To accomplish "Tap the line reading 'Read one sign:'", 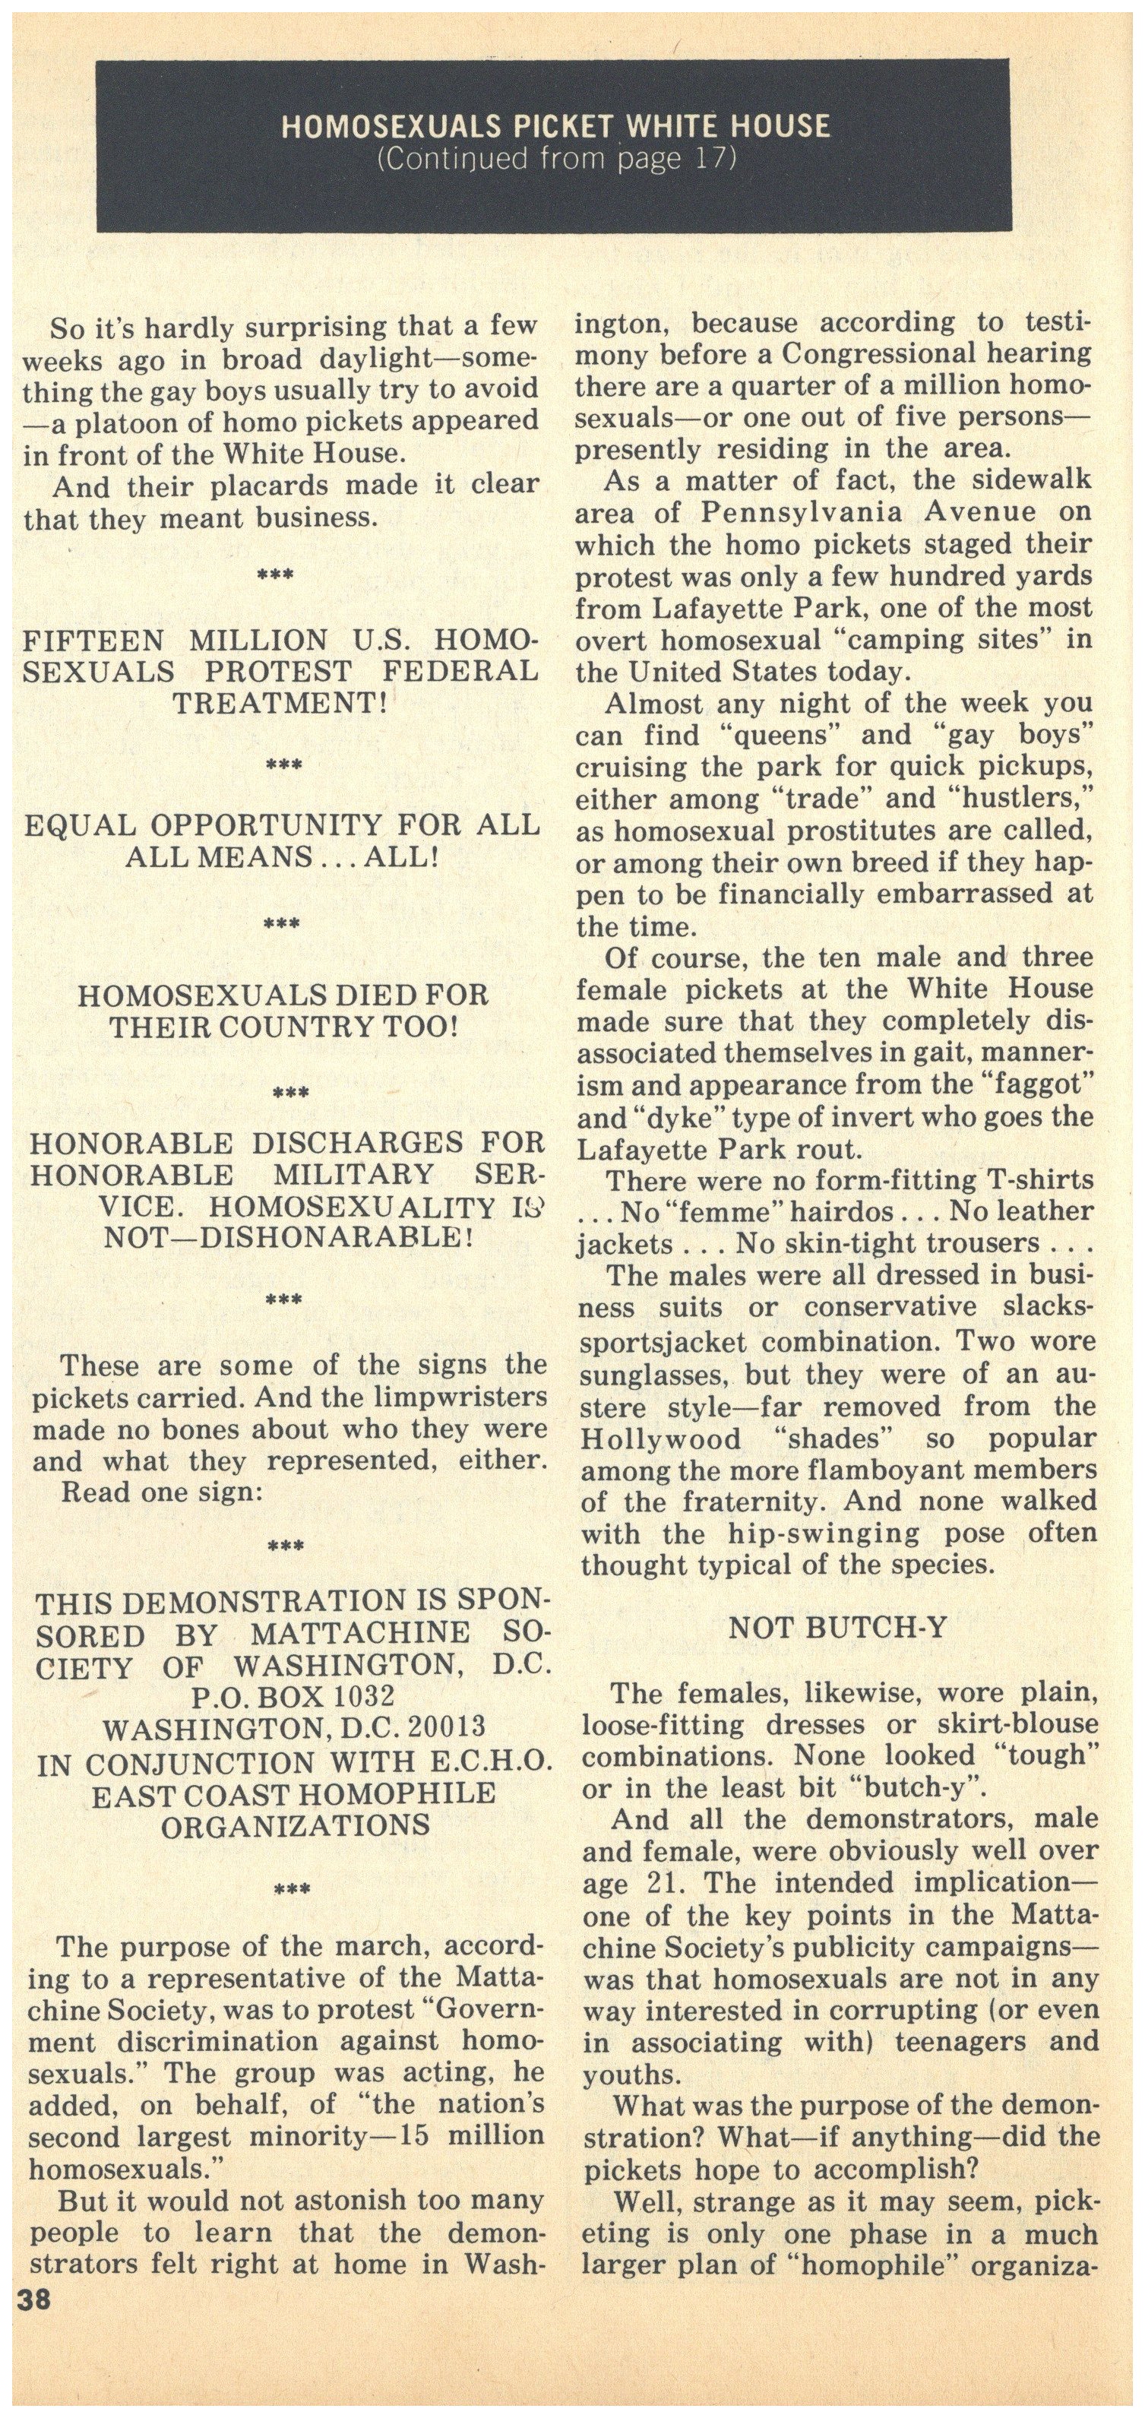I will pos(160,1492).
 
